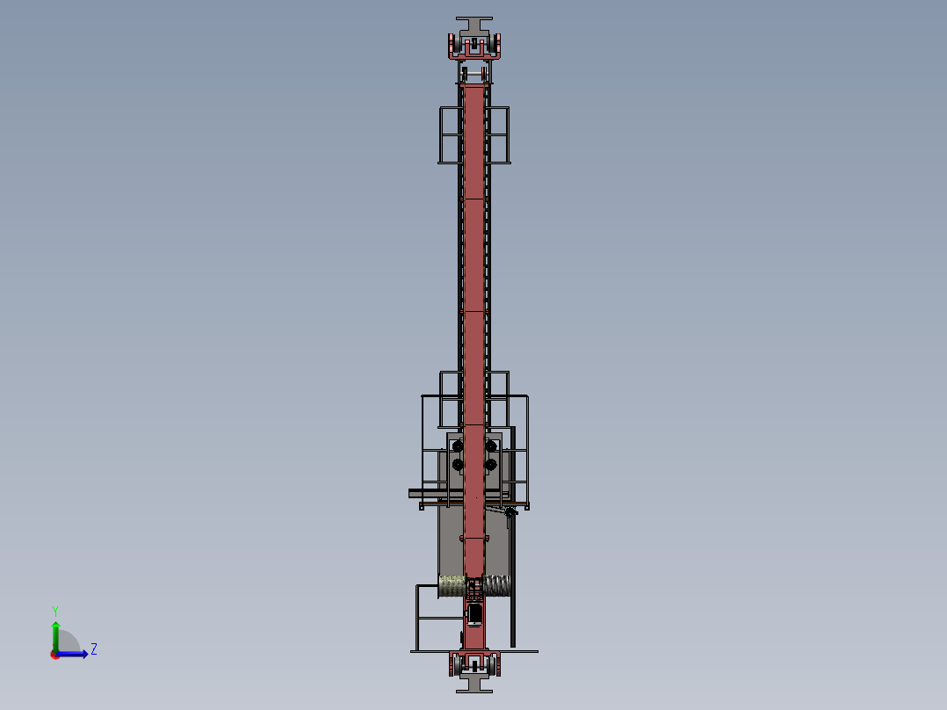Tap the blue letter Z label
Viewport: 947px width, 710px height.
click(x=93, y=649)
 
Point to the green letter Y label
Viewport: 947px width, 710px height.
click(x=54, y=610)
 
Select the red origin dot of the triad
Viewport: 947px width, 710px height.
click(x=55, y=654)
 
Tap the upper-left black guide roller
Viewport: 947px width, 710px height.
click(x=457, y=446)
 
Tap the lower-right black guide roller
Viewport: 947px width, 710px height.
click(x=491, y=464)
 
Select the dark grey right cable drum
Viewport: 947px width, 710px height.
click(x=497, y=585)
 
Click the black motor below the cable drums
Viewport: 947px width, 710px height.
click(x=475, y=612)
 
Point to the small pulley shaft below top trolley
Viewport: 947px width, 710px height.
click(x=474, y=73)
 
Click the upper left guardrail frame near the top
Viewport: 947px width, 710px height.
click(x=450, y=134)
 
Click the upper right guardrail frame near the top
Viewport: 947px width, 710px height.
click(x=498, y=134)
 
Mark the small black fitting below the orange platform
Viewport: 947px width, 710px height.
click(x=510, y=512)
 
